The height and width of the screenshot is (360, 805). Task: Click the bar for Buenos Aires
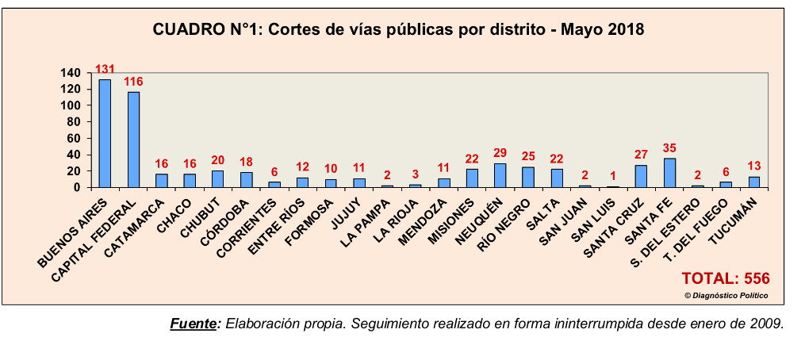pyautogui.click(x=105, y=133)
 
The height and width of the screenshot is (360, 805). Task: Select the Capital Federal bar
pyautogui.click(x=133, y=140)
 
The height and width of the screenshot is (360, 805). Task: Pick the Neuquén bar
pyautogui.click(x=500, y=175)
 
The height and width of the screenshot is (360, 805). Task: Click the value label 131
pyautogui.click(x=105, y=69)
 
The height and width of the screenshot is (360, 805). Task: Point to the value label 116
pyautogui.click(x=133, y=81)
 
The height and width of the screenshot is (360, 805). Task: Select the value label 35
pyautogui.click(x=669, y=147)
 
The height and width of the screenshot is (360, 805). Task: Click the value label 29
pyautogui.click(x=500, y=152)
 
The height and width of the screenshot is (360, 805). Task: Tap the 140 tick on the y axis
pyautogui.click(x=71, y=73)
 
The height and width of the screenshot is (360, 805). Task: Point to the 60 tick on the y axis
pyautogui.click(x=75, y=138)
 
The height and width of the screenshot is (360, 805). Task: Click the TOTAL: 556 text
pyautogui.click(x=726, y=278)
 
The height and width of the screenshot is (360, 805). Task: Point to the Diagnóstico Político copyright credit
pyautogui.click(x=726, y=296)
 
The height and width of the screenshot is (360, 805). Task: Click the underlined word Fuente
pyautogui.click(x=194, y=324)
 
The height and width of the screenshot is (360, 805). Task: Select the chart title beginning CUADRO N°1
pyautogui.click(x=398, y=30)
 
